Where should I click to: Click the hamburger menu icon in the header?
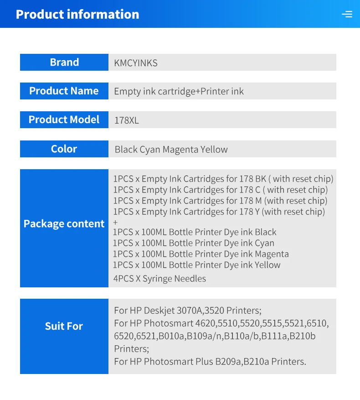[347, 14]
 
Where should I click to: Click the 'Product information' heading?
[77, 14]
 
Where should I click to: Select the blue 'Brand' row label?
[64, 62]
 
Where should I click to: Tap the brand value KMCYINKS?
[136, 63]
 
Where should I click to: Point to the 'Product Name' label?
[64, 91]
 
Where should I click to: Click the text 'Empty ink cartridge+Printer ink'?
[179, 91]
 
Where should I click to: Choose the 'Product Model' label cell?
[64, 119]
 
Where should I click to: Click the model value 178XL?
[127, 120]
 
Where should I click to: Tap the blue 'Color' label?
[64, 149]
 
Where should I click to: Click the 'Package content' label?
[64, 223]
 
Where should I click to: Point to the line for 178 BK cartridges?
[223, 179]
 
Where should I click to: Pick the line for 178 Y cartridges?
[219, 212]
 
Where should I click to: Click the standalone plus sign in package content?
[115, 222]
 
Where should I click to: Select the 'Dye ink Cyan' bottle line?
[194, 243]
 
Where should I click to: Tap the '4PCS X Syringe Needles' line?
[159, 278]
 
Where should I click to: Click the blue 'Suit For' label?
[64, 326]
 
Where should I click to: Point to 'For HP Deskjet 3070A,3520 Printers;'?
[188, 311]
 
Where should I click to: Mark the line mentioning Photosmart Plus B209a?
[210, 361]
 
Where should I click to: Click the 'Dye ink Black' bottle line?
[195, 232]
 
